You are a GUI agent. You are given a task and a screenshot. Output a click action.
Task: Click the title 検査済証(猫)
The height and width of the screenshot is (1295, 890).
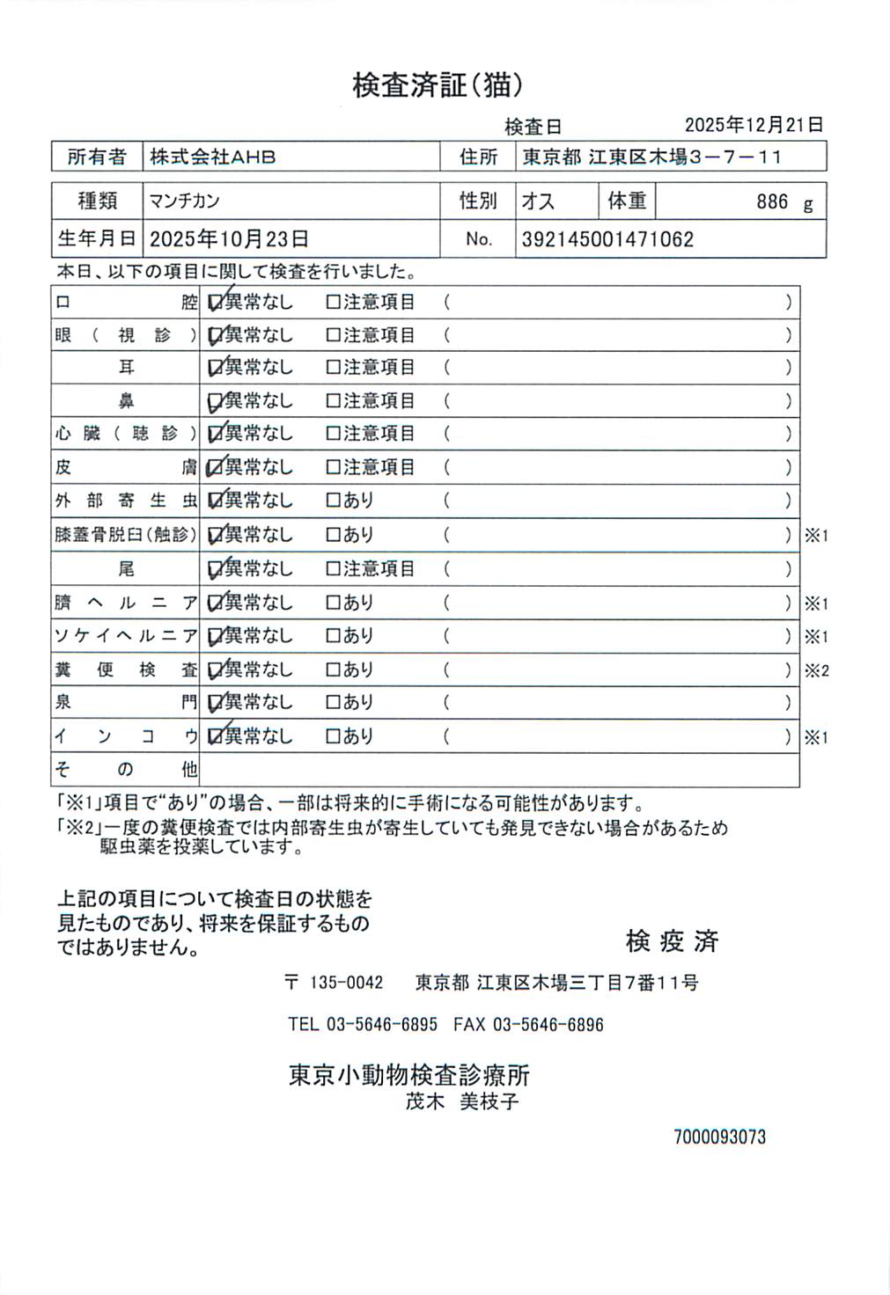pos(438,85)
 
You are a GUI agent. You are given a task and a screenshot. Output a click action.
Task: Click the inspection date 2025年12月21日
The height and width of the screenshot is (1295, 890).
pos(754,125)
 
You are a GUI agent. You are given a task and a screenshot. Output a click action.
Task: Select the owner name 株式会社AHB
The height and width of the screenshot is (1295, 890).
pos(212,157)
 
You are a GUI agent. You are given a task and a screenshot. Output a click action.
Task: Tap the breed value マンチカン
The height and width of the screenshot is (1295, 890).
pos(184,201)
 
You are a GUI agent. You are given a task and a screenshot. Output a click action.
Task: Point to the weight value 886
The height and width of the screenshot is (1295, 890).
pos(771,202)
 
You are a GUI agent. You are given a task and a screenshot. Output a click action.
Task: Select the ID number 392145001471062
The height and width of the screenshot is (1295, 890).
pos(607,239)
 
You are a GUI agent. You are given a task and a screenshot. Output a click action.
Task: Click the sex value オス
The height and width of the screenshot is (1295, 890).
pos(538,201)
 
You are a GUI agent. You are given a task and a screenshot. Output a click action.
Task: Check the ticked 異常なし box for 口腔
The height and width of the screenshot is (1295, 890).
pos(215,303)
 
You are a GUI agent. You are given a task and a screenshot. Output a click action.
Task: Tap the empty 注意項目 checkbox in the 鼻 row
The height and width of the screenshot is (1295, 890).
pos(333,401)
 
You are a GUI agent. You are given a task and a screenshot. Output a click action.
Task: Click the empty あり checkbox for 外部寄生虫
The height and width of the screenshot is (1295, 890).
pos(333,501)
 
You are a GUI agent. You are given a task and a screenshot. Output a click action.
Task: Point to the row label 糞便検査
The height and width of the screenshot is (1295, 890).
pos(126,670)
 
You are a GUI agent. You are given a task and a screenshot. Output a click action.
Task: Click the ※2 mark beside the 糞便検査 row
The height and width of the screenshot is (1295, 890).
pos(816,670)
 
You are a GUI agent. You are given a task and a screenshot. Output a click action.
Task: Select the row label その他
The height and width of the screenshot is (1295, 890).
pos(126,770)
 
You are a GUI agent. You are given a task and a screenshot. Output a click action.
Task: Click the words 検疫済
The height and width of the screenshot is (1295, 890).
pos(672,940)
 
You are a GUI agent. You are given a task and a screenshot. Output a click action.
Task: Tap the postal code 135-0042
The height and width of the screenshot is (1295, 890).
pos(346,983)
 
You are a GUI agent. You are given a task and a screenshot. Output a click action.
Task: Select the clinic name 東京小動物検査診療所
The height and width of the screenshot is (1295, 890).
pos(409,1075)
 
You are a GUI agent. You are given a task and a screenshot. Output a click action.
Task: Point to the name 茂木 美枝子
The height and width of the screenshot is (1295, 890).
pos(462,1101)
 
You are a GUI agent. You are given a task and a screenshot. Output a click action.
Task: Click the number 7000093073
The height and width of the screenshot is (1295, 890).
pos(719,1137)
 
